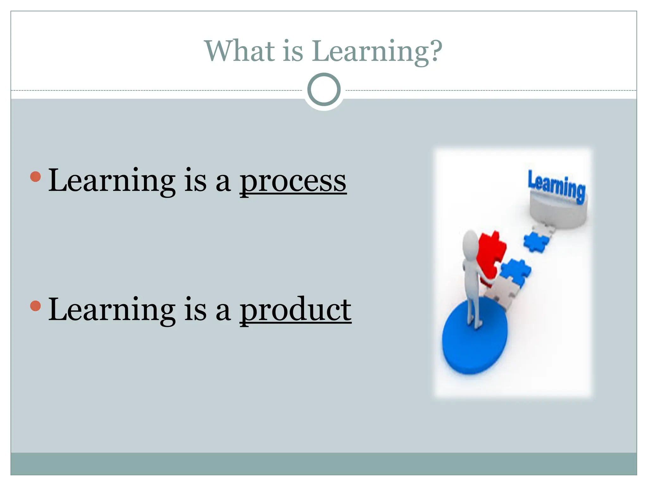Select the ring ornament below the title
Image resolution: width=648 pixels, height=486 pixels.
pos(324,90)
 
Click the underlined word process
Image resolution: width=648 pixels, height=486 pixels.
pos(293,181)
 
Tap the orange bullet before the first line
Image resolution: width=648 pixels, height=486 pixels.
pos(35,177)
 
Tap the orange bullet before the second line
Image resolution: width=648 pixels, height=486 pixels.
pos(35,306)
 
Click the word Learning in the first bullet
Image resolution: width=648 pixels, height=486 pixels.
pos(111,181)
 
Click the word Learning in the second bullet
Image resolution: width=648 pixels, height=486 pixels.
pos(111,310)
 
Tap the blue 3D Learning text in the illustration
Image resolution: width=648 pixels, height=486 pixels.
pos(556,187)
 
